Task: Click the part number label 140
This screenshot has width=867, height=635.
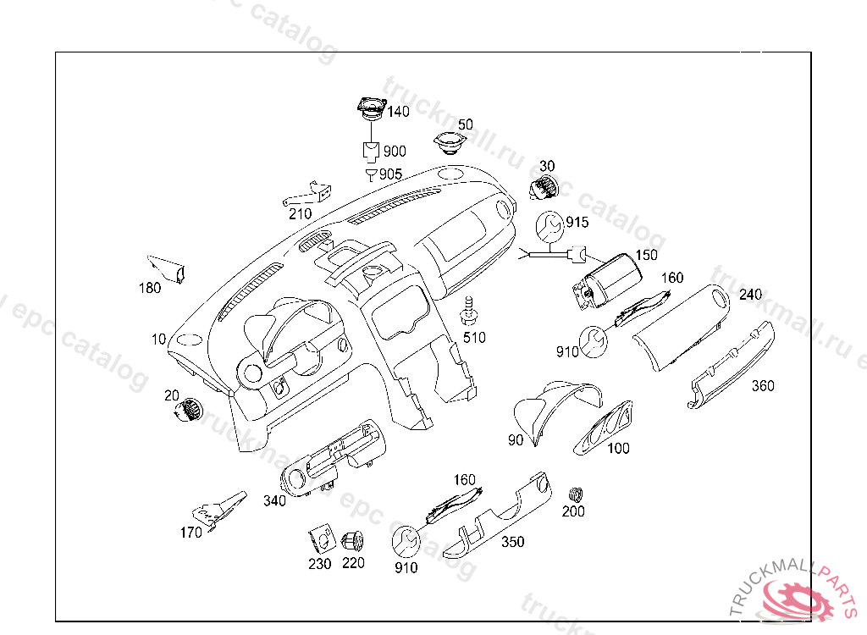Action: pos(398,111)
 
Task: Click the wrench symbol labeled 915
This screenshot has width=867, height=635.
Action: pos(549,226)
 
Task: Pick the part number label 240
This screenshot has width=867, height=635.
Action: pos(750,295)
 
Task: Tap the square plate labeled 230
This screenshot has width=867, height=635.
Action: pos(320,538)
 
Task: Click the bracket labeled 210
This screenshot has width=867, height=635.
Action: pos(306,196)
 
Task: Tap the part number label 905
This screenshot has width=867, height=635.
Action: pos(390,174)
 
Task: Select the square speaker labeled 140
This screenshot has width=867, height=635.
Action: pos(371,108)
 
